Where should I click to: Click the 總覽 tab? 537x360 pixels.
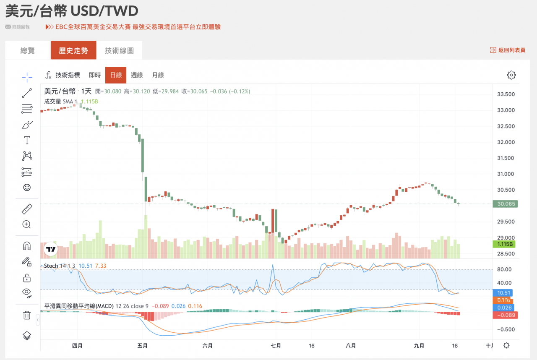coord(28,50)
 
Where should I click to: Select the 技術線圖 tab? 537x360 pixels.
coord(119,50)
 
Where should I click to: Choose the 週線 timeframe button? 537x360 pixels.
coord(137,75)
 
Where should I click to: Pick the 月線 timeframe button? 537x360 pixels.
coord(158,75)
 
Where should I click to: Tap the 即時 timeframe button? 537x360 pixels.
coord(95,75)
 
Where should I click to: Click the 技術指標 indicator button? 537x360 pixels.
coord(63,75)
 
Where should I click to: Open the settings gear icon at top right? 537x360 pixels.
coord(511,75)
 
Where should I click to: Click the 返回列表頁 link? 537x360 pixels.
coord(508,50)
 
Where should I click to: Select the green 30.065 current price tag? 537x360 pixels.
coord(506,204)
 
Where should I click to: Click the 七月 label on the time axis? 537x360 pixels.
coord(276,346)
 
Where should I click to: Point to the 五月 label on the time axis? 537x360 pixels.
coord(143,346)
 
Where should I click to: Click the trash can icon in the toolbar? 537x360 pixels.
coord(27,315)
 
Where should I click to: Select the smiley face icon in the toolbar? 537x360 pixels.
coord(27,188)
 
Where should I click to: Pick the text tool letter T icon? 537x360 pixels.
coord(27,140)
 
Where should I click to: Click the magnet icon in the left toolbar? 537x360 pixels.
coord(27,246)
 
